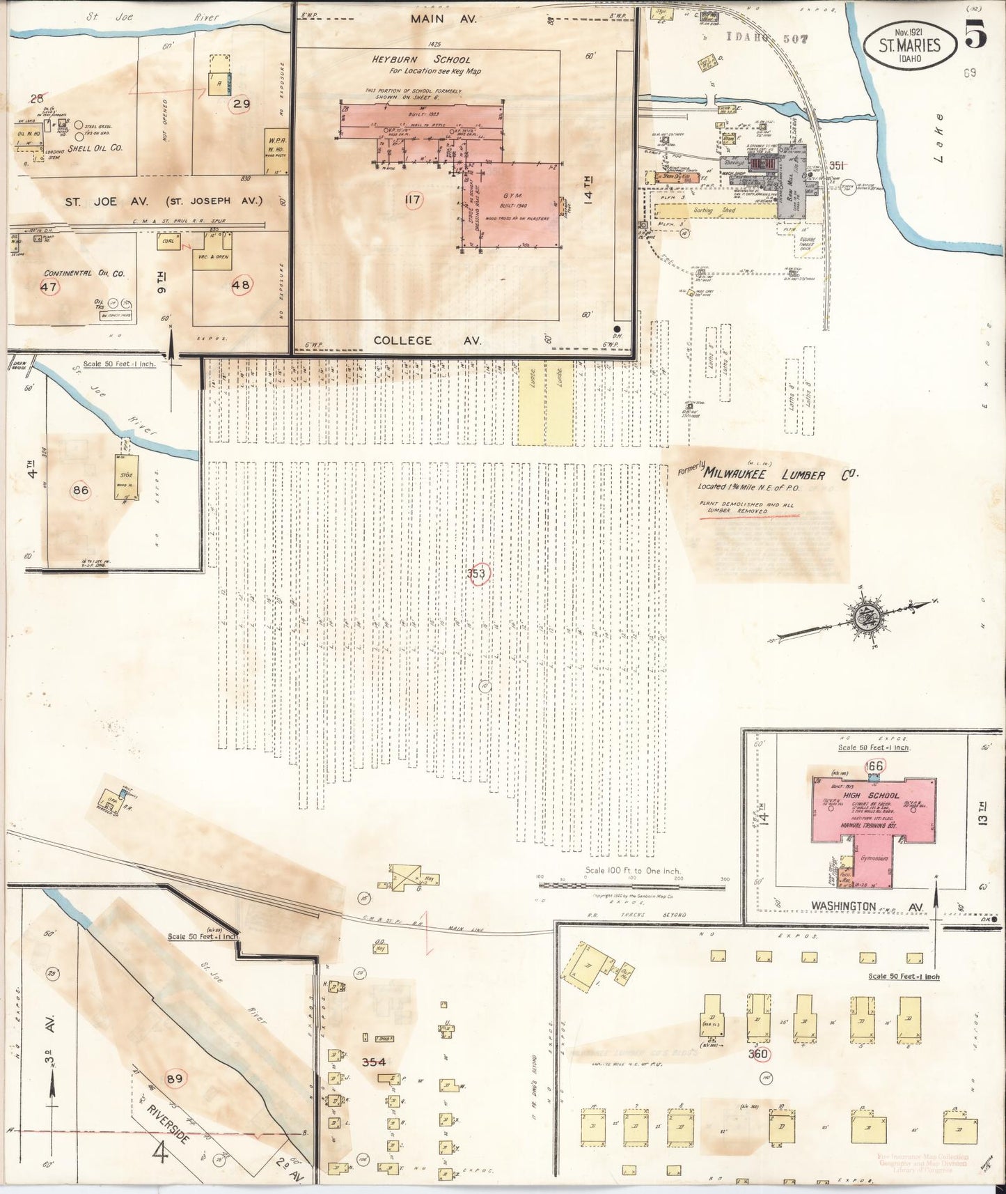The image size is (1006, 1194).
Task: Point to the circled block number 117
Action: pos(413,201)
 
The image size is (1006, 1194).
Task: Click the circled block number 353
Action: pos(478,574)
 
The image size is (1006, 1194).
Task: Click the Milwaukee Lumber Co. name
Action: pos(780,476)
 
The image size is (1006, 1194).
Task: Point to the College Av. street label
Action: pos(402,341)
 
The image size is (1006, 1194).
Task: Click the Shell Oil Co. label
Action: pos(98,148)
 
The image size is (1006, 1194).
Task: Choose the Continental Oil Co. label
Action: pos(84,273)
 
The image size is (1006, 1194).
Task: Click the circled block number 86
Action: pos(81,490)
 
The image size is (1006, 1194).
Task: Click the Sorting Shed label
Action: pos(718,210)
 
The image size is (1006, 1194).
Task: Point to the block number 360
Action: pos(757,1054)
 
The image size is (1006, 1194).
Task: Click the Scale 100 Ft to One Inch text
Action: pos(632,871)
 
